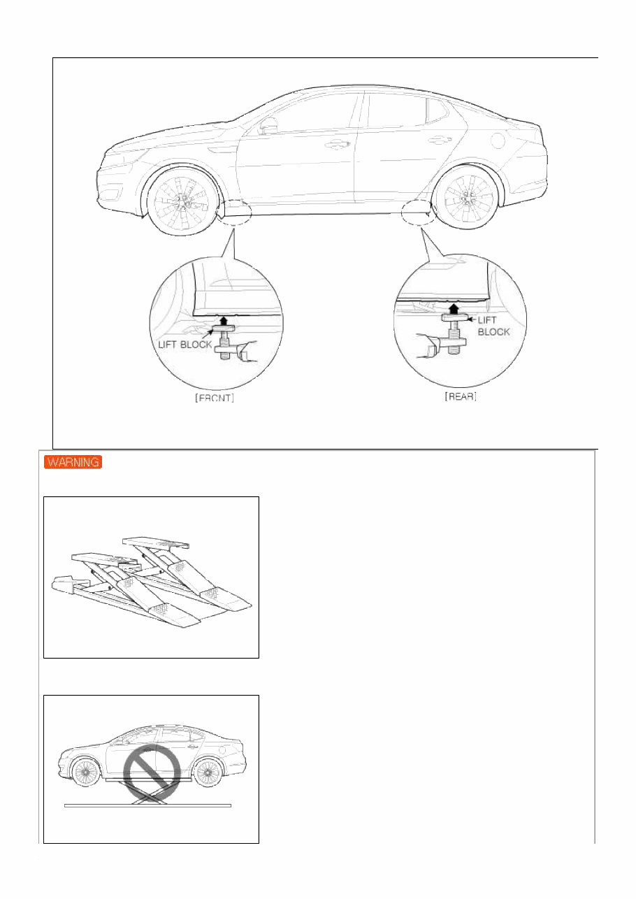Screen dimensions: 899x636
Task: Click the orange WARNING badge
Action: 73,462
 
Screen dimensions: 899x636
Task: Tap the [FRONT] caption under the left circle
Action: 215,398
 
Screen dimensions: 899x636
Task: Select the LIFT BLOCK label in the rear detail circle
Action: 493,325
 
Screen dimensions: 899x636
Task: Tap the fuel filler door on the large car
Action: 496,139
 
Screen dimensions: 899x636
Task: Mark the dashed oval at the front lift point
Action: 234,211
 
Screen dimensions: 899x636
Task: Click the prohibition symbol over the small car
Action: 152,774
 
